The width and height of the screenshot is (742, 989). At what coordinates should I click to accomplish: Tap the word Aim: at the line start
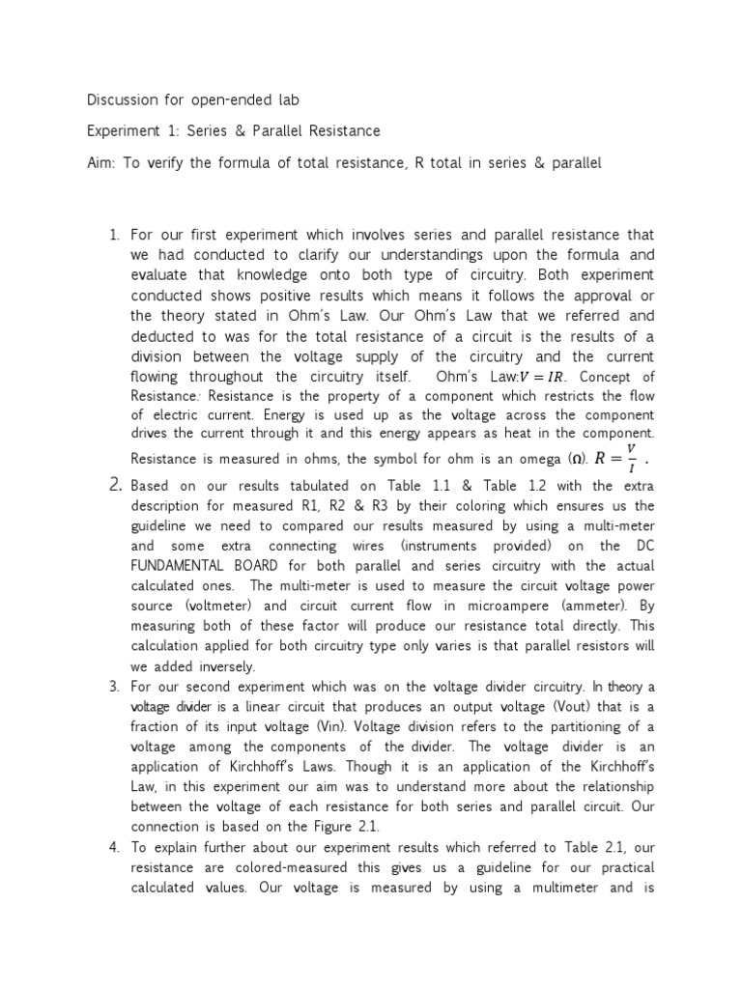[103, 162]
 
